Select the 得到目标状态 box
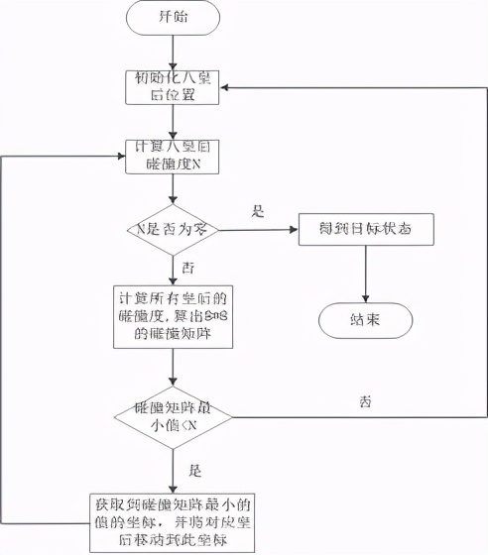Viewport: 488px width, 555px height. [x=367, y=230]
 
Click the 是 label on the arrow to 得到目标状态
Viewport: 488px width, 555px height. [x=259, y=212]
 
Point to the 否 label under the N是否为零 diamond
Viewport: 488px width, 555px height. [x=188, y=268]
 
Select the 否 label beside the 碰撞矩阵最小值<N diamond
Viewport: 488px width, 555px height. [x=365, y=402]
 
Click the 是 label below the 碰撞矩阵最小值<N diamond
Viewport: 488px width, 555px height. [x=194, y=471]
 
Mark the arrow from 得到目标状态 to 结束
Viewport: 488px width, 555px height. [x=367, y=273]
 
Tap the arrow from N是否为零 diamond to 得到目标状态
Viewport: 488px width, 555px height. [x=258, y=230]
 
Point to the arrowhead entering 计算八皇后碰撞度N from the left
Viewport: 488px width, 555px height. [x=120, y=157]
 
